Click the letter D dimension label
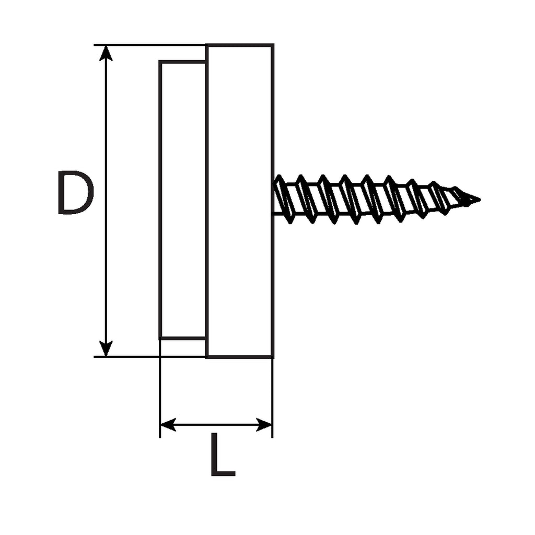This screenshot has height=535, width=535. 76,193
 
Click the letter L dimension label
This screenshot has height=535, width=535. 223,454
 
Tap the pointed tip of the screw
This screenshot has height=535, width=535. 480,200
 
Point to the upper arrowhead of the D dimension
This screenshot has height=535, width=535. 106,53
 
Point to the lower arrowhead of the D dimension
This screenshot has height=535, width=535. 106,348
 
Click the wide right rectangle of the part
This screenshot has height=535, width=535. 239,201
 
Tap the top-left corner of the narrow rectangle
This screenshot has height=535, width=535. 160,62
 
